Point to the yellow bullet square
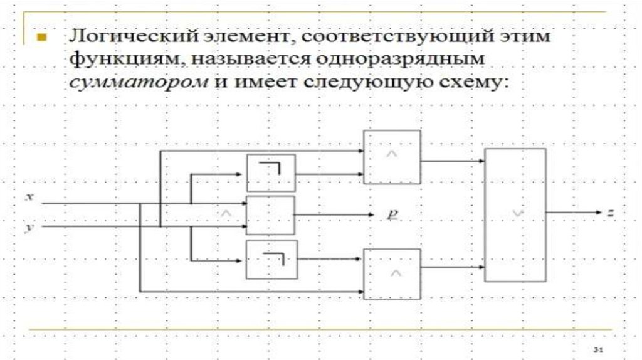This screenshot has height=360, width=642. pyautogui.click(x=41, y=37)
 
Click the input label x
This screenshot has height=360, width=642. pyautogui.click(x=29, y=197)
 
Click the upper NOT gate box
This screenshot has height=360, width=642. pyautogui.click(x=271, y=172)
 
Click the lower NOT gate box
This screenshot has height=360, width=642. pyautogui.click(x=271, y=259)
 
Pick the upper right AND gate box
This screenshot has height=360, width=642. pyautogui.click(x=392, y=157)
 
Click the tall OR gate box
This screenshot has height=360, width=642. pyautogui.click(x=515, y=214)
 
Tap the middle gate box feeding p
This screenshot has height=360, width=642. pyautogui.click(x=270, y=215)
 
